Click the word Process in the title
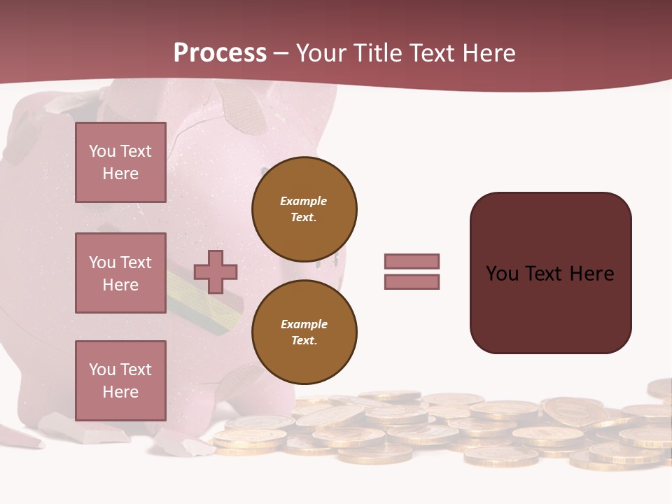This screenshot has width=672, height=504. pyautogui.click(x=220, y=53)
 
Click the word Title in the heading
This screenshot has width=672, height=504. pyautogui.click(x=377, y=53)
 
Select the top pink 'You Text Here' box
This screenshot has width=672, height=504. pyautogui.click(x=120, y=162)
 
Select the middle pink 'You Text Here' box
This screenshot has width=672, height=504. pyautogui.click(x=120, y=273)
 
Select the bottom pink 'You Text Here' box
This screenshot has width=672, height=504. pyautogui.click(x=120, y=380)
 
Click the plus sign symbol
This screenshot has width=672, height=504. pyautogui.click(x=215, y=272)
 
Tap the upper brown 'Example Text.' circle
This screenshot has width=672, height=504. pyautogui.click(x=304, y=209)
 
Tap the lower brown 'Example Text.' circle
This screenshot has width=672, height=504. pyautogui.click(x=304, y=332)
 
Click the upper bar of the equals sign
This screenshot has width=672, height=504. pyautogui.click(x=412, y=261)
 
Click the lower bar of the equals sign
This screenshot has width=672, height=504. pyautogui.click(x=412, y=281)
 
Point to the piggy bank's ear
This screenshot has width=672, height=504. pyautogui.click(x=245, y=112)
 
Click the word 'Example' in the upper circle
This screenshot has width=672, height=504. pyautogui.click(x=304, y=202)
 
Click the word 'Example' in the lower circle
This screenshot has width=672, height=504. pyautogui.click(x=304, y=325)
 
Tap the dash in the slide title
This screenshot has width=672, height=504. pyautogui.click(x=281, y=54)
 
